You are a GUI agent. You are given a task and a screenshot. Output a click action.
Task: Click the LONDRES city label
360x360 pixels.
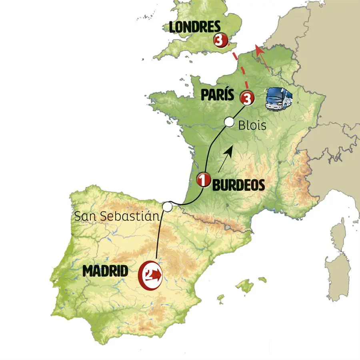pyautogui.click(x=194, y=28)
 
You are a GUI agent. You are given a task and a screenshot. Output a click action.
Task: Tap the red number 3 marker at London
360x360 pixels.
pyautogui.click(x=220, y=40)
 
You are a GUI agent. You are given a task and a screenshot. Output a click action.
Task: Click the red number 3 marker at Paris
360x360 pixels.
pyautogui.click(x=247, y=98)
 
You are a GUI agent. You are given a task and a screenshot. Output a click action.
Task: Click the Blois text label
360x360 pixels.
pyautogui.click(x=252, y=126)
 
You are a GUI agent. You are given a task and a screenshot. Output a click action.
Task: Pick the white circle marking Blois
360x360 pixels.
pyautogui.click(x=229, y=122)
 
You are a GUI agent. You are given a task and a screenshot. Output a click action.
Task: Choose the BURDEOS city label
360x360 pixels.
pyautogui.click(x=238, y=185)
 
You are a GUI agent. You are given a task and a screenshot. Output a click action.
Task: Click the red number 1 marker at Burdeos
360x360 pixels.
pyautogui.click(x=204, y=180)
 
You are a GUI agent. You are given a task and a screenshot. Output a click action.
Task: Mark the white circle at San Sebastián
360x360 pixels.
pyautogui.click(x=167, y=206)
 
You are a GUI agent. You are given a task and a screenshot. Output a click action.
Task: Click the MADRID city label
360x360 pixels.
pyautogui.click(x=106, y=271)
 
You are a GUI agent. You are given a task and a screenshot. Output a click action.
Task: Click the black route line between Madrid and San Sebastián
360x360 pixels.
pyautogui.click(x=160, y=236)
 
